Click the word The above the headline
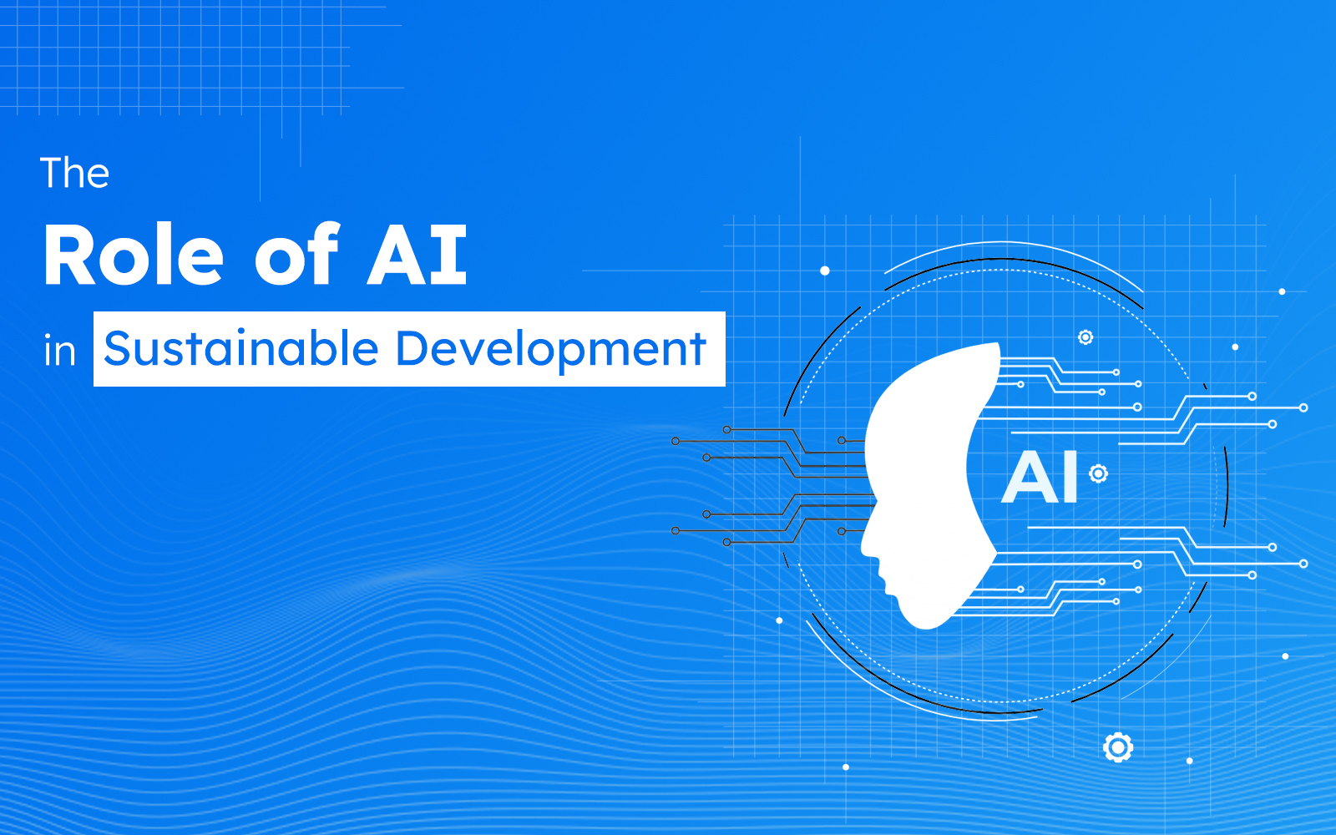coord(74,174)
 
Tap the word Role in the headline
coord(134,256)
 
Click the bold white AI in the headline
coord(417,256)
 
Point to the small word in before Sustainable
coord(59,352)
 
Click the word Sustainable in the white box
coord(241,349)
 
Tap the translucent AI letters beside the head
coord(1040,478)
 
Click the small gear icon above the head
coord(1085,337)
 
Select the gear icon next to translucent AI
coord(1099,473)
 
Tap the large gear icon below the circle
coord(1118,746)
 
